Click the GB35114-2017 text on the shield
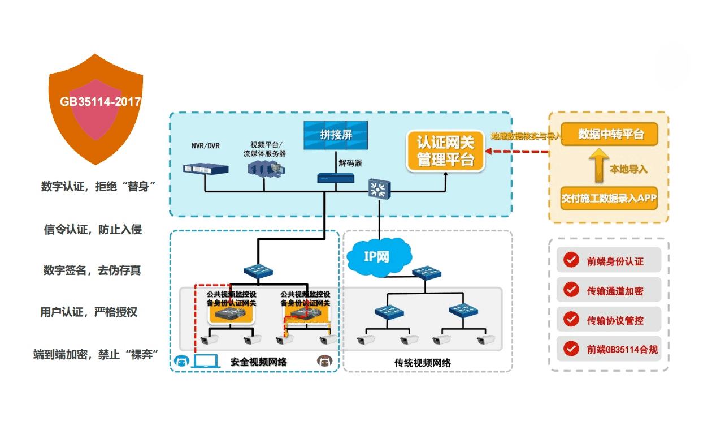[x=100, y=102]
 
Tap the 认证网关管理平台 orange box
[x=445, y=151]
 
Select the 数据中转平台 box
[x=609, y=135]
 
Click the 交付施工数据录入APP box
[x=609, y=199]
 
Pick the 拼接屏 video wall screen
[x=336, y=135]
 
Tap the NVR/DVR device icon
[x=206, y=168]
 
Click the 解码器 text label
[x=350, y=163]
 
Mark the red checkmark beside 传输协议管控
[x=571, y=320]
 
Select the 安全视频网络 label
[x=258, y=362]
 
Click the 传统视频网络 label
[x=423, y=363]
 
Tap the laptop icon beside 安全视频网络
[x=207, y=361]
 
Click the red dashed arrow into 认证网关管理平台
[x=517, y=152]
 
